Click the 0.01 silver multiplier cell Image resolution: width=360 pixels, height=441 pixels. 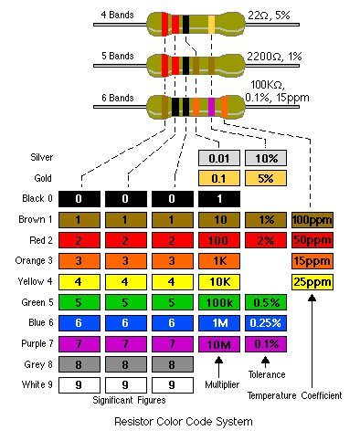point(219,157)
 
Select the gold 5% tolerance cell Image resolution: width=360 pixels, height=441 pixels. point(266,178)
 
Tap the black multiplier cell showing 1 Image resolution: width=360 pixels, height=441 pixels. point(219,199)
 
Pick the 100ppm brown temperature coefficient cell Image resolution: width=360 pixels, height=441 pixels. point(312,220)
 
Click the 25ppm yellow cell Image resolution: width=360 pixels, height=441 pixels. point(312,282)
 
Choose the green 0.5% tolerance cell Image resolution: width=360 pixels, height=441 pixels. point(266,302)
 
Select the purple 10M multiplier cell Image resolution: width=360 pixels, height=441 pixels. point(219,344)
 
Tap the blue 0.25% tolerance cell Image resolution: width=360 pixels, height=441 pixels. point(266,323)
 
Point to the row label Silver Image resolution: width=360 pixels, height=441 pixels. point(42,157)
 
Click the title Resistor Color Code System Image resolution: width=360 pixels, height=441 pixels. point(184,422)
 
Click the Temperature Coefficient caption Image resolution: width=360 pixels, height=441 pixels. point(294,395)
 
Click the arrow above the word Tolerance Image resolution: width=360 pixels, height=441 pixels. point(266,360)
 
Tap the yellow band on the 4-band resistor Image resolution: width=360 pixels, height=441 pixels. point(212,22)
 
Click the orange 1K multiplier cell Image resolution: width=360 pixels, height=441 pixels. point(219,261)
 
